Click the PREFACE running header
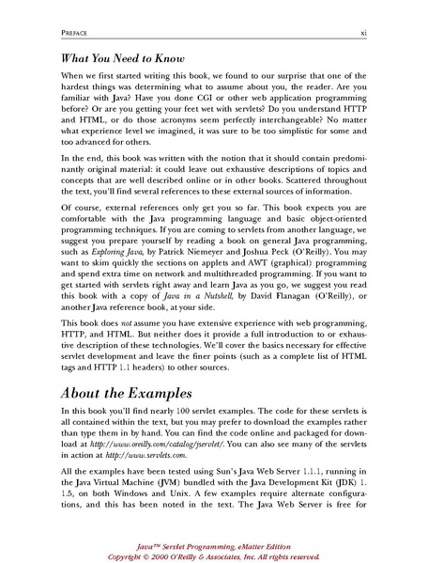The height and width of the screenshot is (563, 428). pyautogui.click(x=50, y=35)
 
